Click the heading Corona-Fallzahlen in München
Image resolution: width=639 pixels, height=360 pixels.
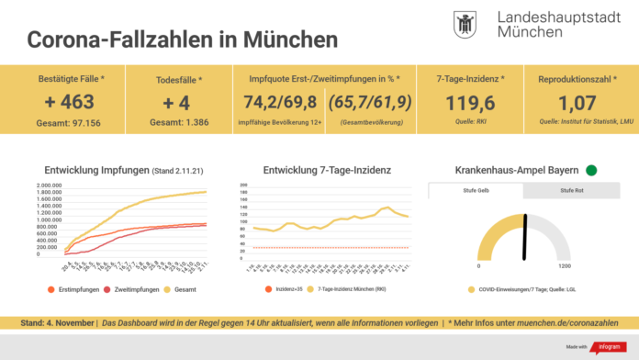[182, 40]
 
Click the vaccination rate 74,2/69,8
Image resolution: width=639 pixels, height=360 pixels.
[272, 101]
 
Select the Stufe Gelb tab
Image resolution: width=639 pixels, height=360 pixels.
[476, 191]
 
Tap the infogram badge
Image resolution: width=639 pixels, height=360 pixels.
[603, 346]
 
